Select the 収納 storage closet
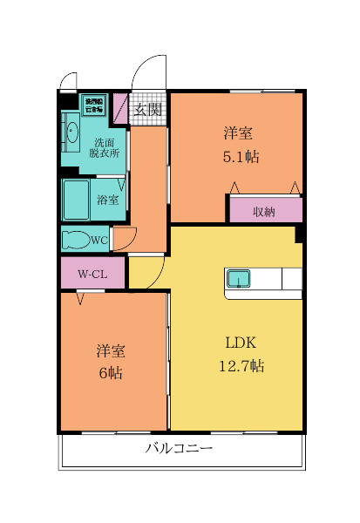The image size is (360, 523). click(265, 211)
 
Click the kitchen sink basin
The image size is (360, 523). click(238, 279)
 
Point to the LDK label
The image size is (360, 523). click(240, 342)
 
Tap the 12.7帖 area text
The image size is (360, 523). click(240, 366)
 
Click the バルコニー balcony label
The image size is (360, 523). click(179, 450)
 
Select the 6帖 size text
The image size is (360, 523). click(111, 373)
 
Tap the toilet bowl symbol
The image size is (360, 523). click(77, 239)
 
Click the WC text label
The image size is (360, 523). click(98, 239)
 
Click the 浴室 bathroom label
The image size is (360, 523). click(108, 200)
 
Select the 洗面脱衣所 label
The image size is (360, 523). click(105, 147)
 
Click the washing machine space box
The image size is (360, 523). click(92, 105)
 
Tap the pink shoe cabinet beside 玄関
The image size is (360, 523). click(120, 105)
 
